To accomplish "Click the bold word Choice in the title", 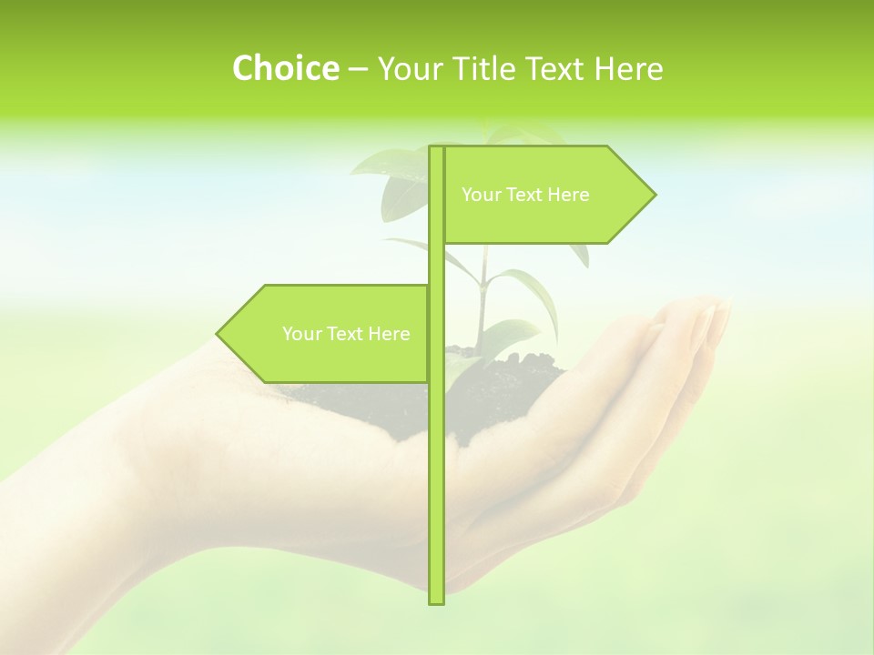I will point(285,68).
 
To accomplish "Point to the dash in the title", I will point(358,70).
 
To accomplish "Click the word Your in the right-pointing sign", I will point(481,195).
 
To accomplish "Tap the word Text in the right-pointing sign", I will point(523,195).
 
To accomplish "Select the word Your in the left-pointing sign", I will point(301,334).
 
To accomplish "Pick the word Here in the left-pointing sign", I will point(389,334).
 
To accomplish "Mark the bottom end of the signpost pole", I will point(436,602).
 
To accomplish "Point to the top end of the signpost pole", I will point(436,147).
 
